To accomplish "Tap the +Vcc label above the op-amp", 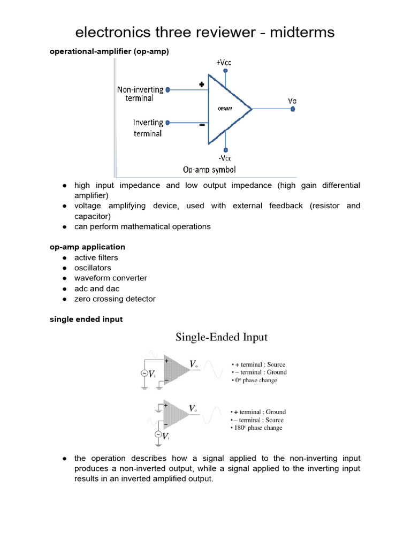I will (x=225, y=63).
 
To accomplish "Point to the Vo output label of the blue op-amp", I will (x=292, y=100).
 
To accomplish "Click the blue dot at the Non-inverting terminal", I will (x=168, y=90).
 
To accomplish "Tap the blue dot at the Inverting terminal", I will (x=168, y=123).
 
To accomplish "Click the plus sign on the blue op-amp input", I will (x=202, y=85).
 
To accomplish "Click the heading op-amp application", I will (x=87, y=247).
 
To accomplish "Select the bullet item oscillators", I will (x=93, y=268).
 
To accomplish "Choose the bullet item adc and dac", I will (x=96, y=288).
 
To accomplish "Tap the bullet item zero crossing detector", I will (x=115, y=299).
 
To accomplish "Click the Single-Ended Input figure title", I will (x=222, y=337).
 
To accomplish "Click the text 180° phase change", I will (x=257, y=428).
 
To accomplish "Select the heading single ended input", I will (x=86, y=319).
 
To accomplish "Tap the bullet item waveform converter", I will (x=110, y=278).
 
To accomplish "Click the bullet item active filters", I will (x=96, y=257).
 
